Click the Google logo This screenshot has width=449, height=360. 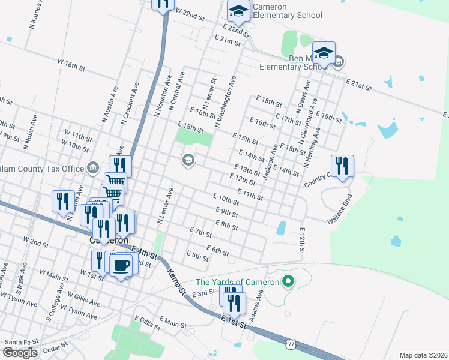point(20,353)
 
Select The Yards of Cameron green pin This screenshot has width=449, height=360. point(288,281)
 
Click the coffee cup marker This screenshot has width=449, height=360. point(121,265)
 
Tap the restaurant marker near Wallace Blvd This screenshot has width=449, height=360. point(342,166)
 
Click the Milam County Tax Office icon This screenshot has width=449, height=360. point(93,167)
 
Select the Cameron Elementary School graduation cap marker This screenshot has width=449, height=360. point(238,10)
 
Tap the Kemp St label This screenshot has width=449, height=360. point(175,280)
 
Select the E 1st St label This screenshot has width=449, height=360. point(234,320)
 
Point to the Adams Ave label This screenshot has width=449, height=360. point(256,307)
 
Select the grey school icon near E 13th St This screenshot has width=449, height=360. point(188,160)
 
